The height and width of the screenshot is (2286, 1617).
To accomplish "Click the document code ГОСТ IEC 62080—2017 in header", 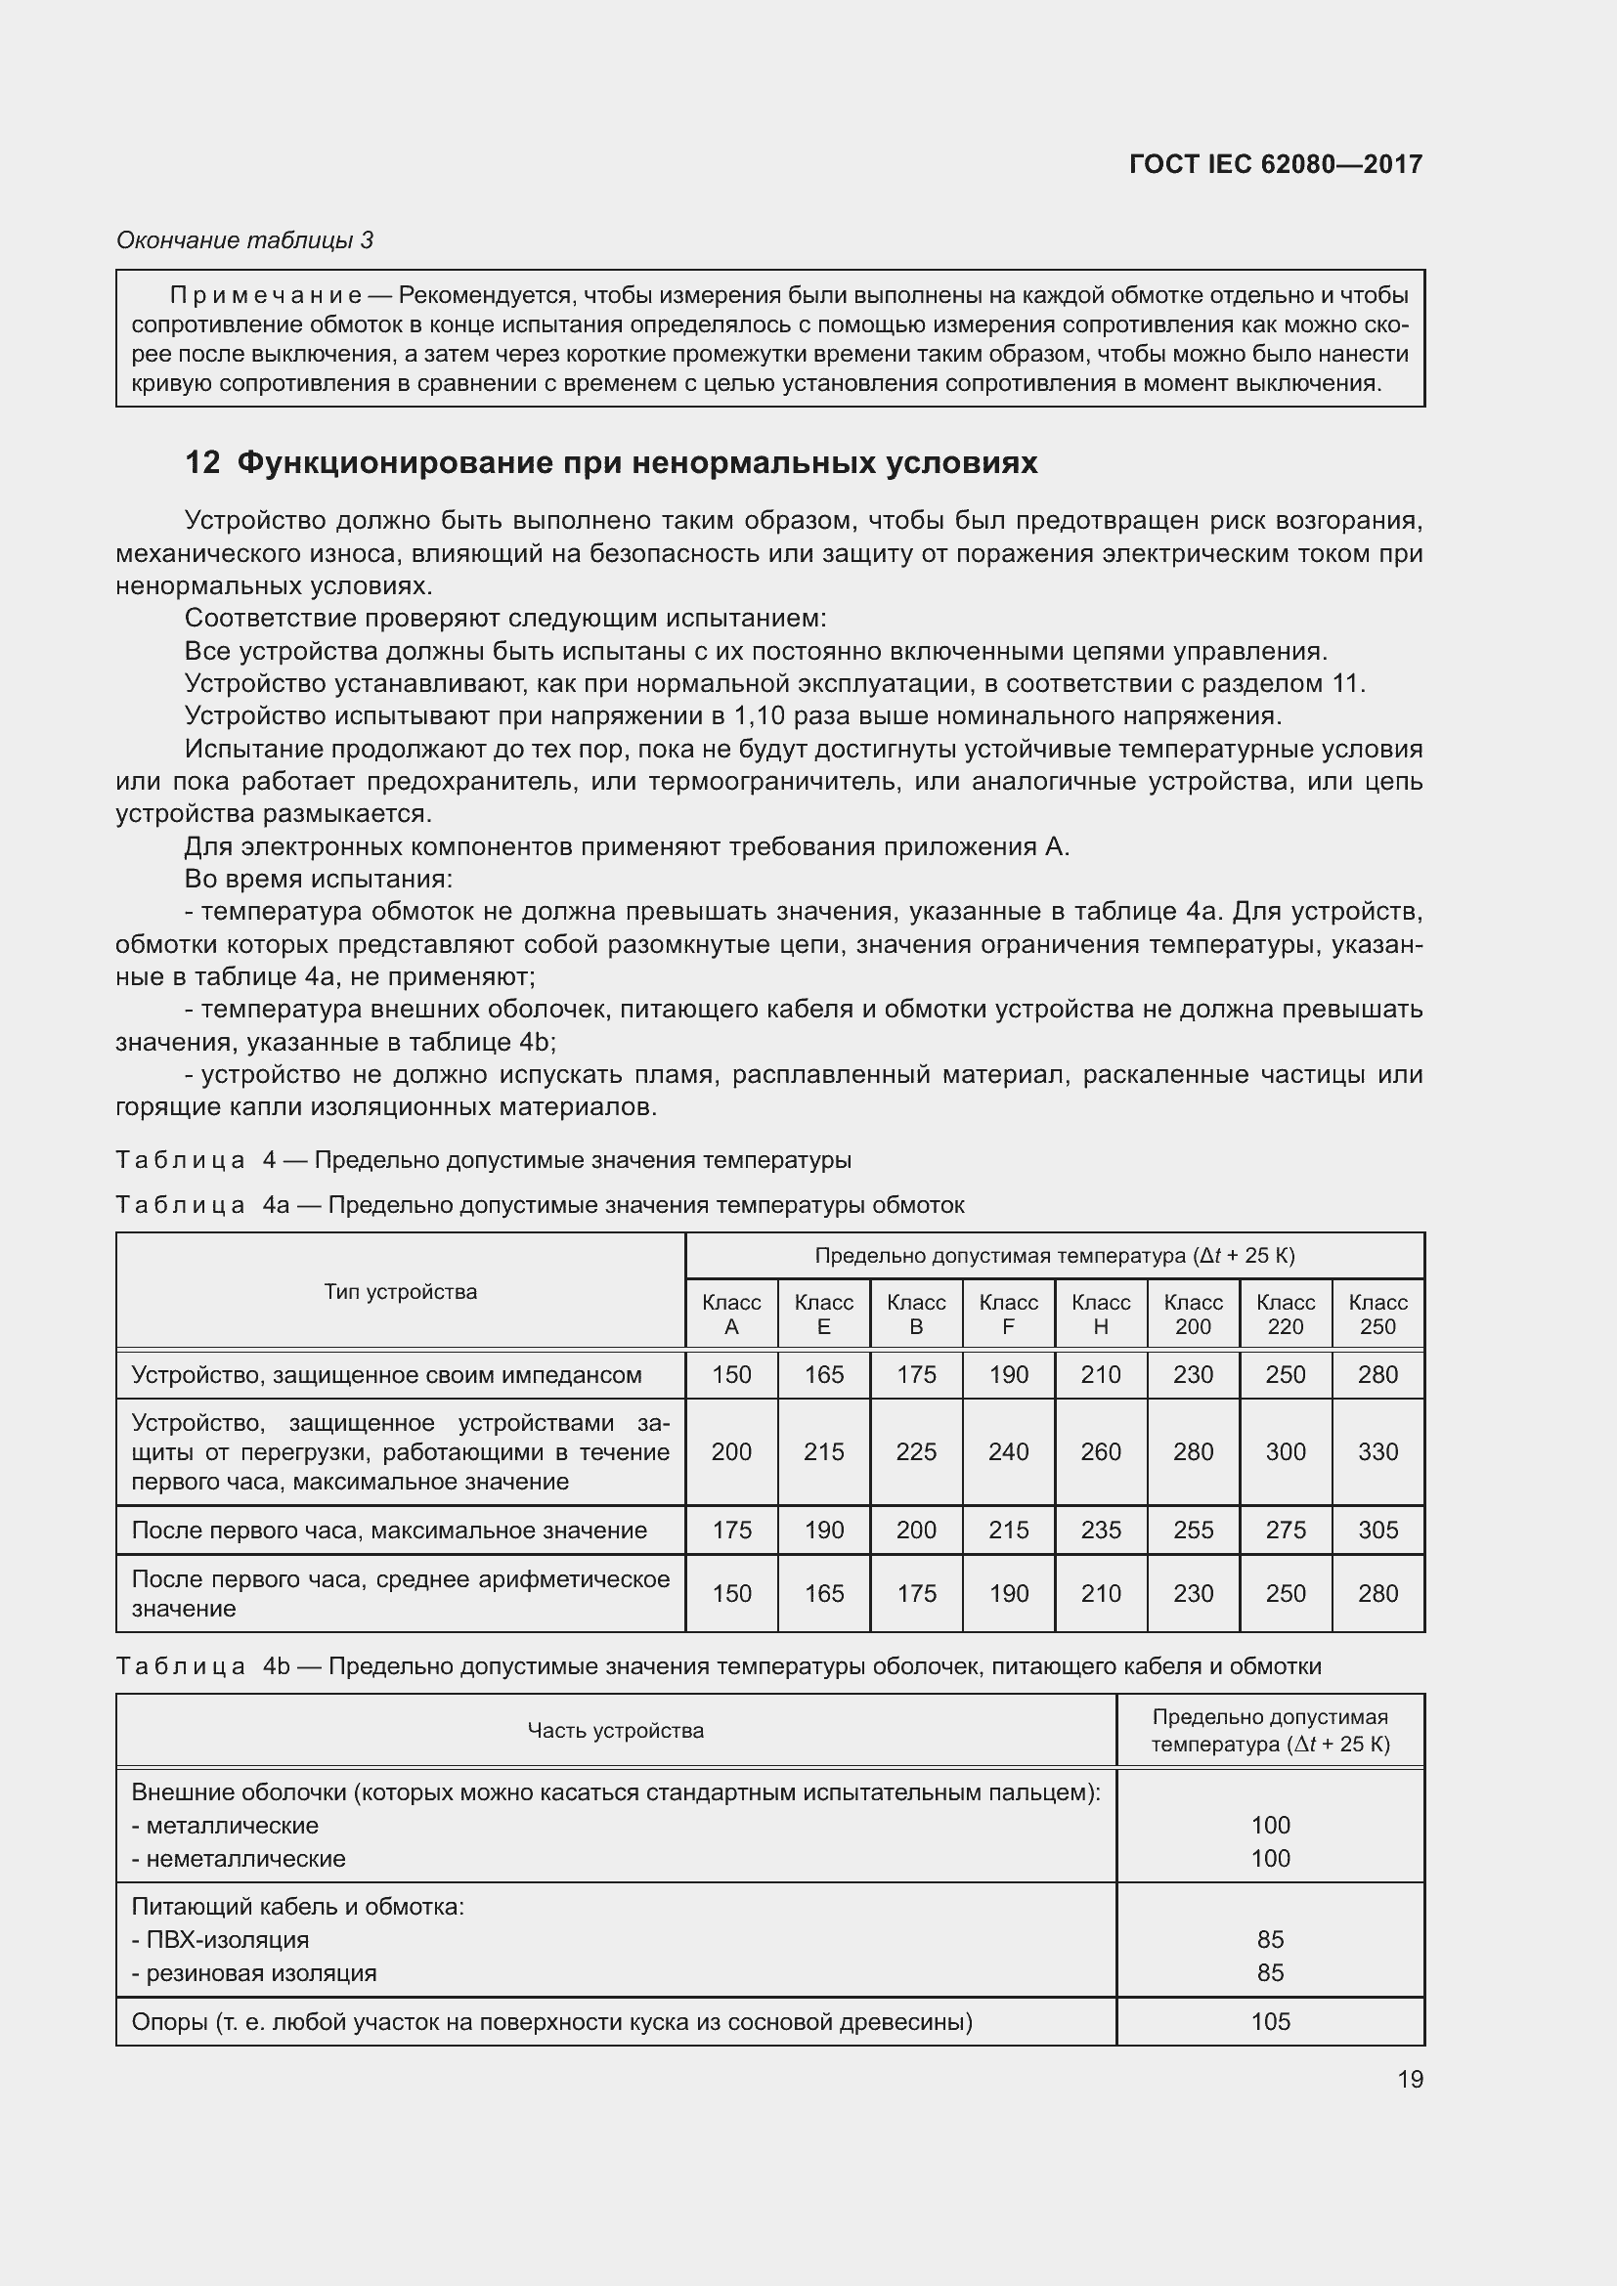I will (1276, 164).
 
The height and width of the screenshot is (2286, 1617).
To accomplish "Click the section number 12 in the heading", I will (202, 463).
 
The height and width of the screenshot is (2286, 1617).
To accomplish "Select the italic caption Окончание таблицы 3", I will (245, 240).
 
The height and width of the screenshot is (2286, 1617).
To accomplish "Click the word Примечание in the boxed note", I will (265, 296).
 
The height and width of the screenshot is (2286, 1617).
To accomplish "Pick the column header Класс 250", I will (1377, 1315).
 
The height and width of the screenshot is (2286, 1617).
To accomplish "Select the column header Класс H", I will (1100, 1315).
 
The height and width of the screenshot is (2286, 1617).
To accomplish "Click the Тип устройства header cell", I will (400, 1291).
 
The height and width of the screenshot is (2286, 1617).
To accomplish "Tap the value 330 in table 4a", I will (1377, 1451).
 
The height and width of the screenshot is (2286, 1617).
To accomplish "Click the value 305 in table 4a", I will (1377, 1530).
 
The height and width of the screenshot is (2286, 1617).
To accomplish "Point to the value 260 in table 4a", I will (1100, 1451).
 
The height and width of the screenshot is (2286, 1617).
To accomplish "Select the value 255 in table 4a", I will (1193, 1530).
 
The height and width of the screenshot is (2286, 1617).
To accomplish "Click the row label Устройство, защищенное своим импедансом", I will (386, 1375).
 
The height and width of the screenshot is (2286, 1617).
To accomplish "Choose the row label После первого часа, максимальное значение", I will (388, 1530).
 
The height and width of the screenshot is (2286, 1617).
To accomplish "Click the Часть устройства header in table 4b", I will (615, 1731).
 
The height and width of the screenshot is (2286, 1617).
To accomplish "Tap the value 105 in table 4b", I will (1271, 2021).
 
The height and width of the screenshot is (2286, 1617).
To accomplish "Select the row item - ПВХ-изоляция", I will (220, 1939).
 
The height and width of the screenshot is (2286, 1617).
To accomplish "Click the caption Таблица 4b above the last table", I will (202, 1666).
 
